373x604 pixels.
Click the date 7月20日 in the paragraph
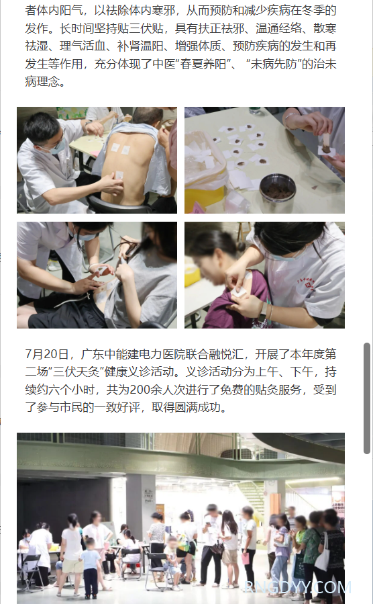point(47,354)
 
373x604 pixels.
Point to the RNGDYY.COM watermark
point(298,587)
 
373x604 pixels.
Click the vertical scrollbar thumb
point(367,398)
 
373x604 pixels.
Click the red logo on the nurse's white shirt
point(307,285)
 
